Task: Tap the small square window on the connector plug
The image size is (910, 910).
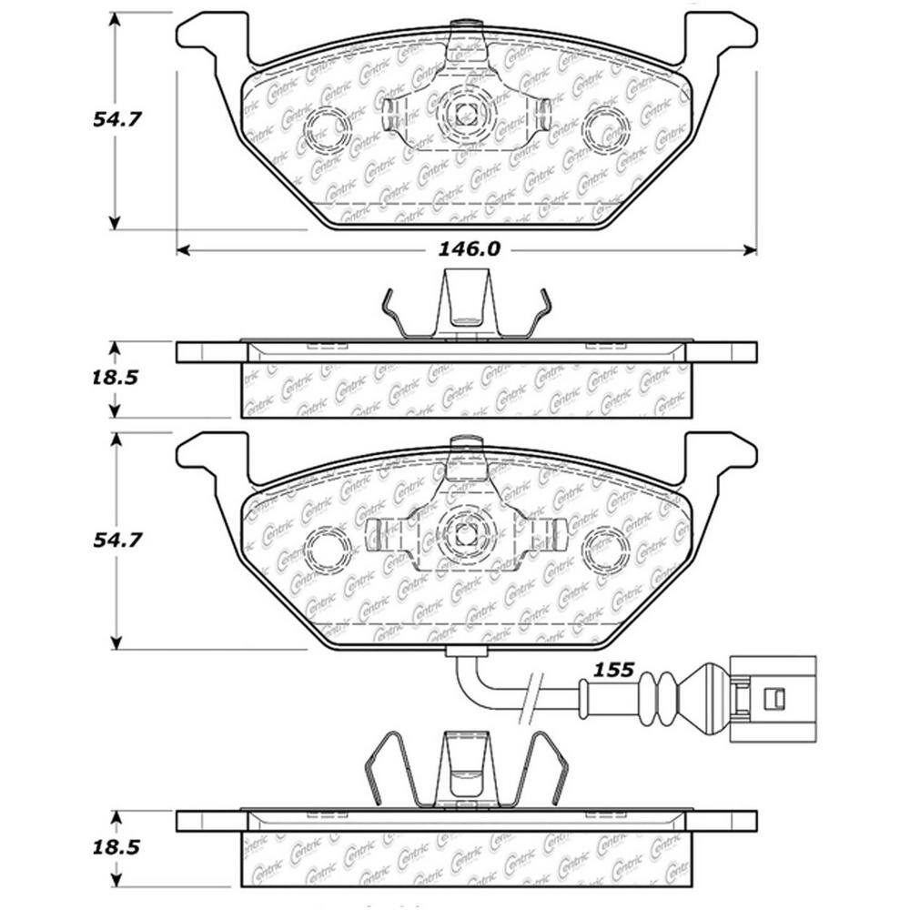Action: (776, 699)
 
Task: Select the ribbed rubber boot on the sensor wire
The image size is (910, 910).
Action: (659, 699)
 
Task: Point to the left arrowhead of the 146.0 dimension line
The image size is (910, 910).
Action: (182, 249)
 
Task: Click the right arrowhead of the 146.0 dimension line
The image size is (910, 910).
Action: (751, 249)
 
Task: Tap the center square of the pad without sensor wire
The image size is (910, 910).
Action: (466, 113)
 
